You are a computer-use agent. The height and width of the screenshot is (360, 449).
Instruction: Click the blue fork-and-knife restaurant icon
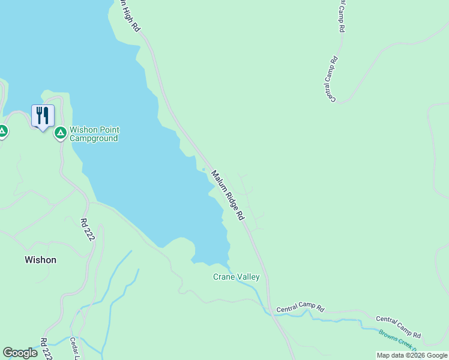43,115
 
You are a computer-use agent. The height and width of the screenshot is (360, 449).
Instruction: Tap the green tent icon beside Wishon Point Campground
60,133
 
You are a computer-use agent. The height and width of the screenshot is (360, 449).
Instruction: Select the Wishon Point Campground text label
94,134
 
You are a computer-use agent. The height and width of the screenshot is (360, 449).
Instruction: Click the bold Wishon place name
40,260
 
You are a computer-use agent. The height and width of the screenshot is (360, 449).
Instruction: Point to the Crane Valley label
237,277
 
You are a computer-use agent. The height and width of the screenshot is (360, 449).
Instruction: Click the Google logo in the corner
20,353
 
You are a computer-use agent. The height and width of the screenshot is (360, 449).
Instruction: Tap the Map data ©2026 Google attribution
412,355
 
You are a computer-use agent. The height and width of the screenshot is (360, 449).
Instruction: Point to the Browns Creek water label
396,340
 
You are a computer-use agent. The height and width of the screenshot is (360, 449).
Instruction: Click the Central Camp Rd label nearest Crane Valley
300,310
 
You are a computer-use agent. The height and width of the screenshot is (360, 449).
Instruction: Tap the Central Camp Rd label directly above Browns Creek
398,327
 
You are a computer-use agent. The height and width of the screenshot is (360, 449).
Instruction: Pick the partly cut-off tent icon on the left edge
2,130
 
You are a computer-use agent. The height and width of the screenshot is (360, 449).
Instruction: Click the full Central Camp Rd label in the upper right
331,78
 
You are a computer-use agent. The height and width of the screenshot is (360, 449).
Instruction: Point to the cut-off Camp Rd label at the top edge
342,15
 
